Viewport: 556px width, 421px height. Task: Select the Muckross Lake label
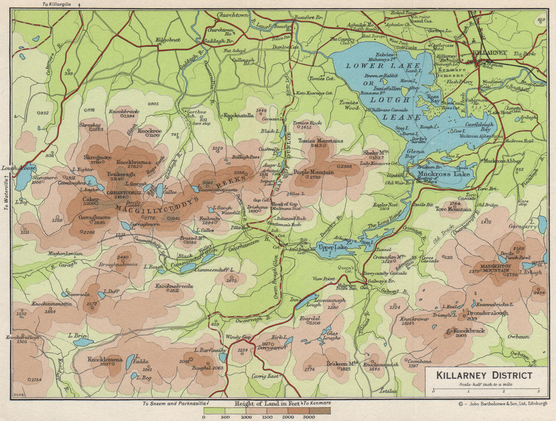[x=443, y=174]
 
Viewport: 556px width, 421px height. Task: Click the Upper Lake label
[x=332, y=247]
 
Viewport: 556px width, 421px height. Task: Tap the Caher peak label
[x=91, y=198]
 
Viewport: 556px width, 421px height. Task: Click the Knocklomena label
[x=105, y=359]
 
